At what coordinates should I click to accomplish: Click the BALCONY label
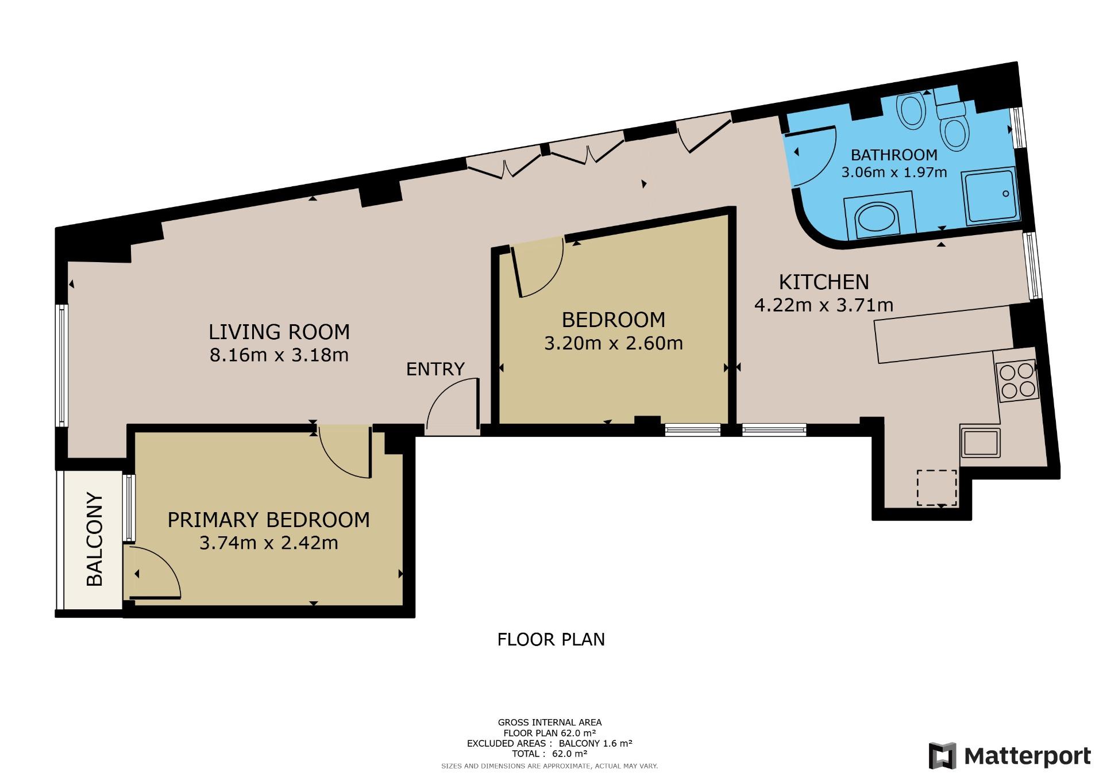pos(94,539)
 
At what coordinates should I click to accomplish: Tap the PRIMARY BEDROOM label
pos(268,520)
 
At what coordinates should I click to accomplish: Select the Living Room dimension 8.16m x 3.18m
pos(279,355)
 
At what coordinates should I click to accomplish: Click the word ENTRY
pos(435,369)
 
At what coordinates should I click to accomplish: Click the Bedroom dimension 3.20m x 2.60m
pos(614,343)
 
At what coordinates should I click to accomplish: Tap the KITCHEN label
pos(824,282)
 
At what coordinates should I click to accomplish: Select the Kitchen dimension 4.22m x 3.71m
pos(824,305)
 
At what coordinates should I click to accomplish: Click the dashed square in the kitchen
pos(937,487)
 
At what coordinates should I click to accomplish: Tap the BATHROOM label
pos(894,155)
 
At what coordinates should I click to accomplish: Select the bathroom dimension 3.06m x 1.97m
pos(894,172)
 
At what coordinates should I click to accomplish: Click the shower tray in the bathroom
pos(992,196)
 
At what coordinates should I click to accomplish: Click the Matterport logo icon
pos(943,756)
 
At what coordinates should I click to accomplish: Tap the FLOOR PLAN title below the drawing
pos(551,639)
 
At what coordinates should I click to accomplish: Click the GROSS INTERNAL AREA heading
pos(550,723)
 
